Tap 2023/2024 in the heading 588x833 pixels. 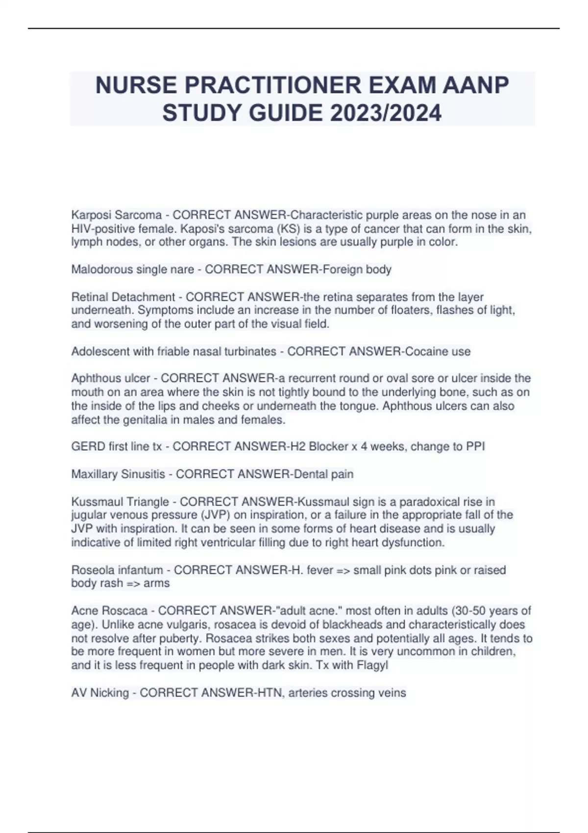(x=386, y=113)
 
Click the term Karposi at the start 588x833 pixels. (x=91, y=215)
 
